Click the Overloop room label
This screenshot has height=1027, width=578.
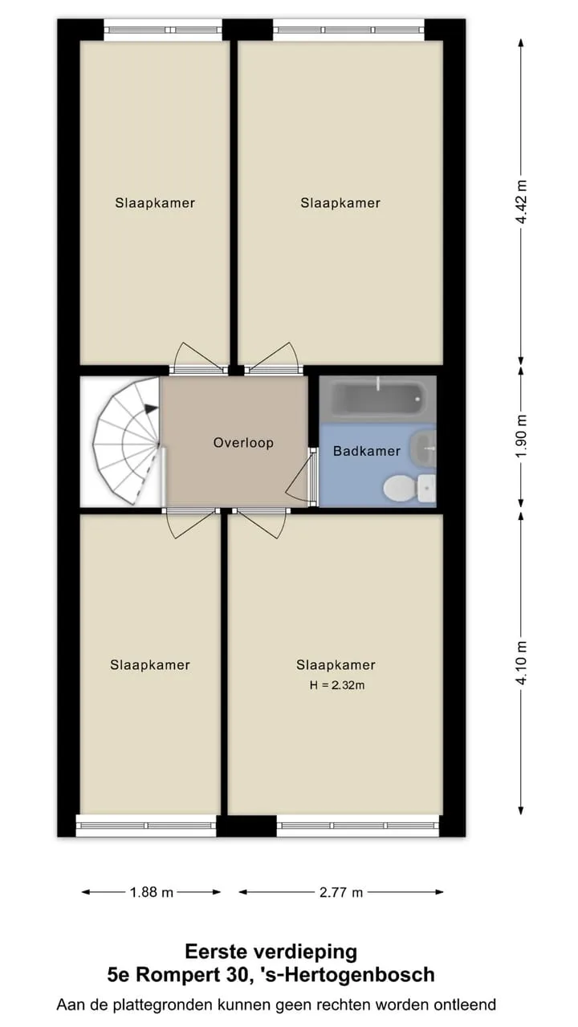coord(243,442)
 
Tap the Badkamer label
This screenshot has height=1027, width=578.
coord(367,451)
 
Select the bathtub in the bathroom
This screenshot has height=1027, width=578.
coord(377,398)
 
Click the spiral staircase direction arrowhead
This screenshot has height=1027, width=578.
coord(150,408)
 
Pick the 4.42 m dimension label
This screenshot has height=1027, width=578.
coord(521,201)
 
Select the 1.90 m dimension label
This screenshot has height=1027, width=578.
coord(521,436)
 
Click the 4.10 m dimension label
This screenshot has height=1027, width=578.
coord(521,663)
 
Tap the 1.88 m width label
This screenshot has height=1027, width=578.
coord(152,892)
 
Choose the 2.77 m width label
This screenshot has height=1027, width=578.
coord(341,892)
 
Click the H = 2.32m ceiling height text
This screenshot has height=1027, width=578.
coord(337,685)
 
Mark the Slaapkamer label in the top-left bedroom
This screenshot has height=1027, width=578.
coord(155,203)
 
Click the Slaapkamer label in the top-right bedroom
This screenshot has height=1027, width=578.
coord(340,203)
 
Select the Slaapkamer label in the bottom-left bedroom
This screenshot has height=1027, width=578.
coord(150,665)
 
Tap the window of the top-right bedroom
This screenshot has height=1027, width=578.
coord(349,30)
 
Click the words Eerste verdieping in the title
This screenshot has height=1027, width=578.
coord(271,952)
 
